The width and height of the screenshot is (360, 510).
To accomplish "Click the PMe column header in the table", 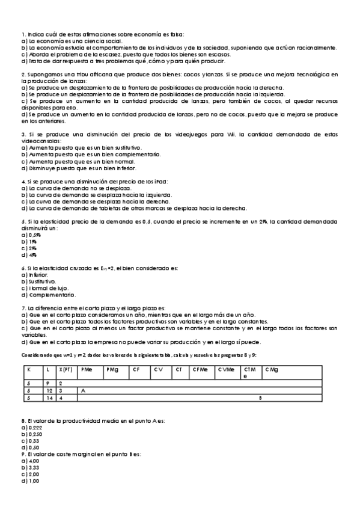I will [87, 369].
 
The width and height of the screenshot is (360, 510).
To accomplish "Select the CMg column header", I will [272, 369].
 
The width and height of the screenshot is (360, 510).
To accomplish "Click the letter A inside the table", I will [83, 390].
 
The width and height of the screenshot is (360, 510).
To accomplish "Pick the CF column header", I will [136, 369].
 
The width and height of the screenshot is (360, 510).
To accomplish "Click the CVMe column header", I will [226, 369].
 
